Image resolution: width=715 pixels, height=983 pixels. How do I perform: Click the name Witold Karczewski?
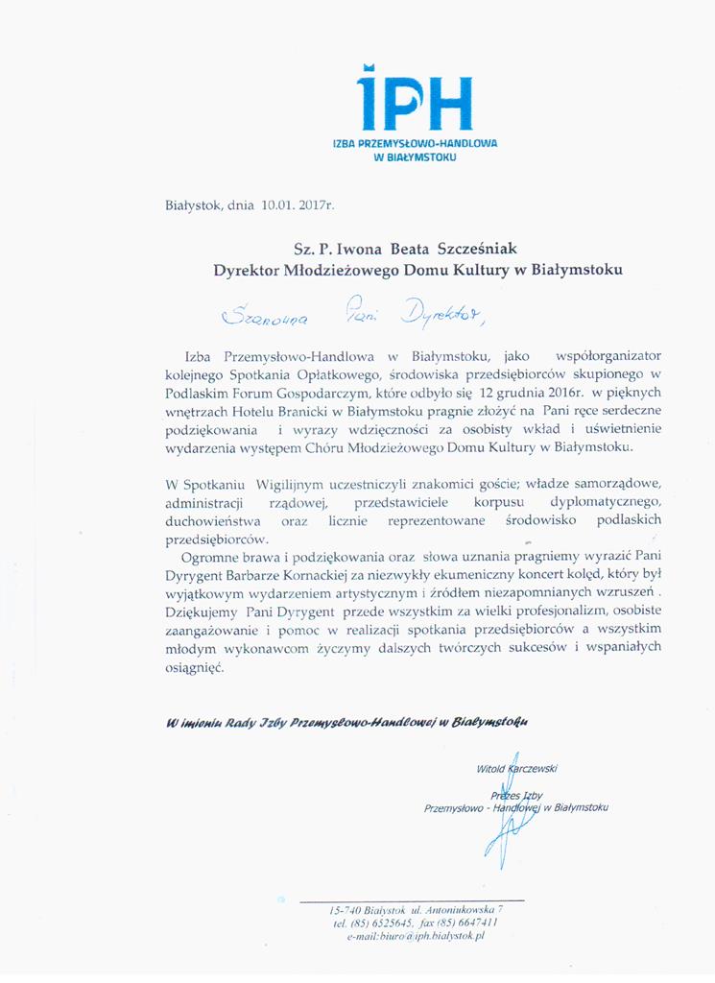pos(516,769)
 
